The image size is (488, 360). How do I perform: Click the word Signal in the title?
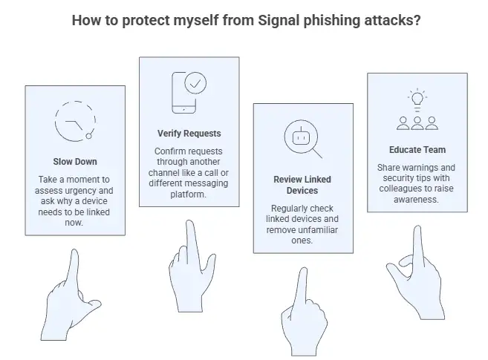click(x=278, y=20)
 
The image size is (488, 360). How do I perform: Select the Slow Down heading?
click(x=74, y=162)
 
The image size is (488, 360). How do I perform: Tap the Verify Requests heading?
click(x=189, y=134)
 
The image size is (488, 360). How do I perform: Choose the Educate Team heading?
click(x=417, y=149)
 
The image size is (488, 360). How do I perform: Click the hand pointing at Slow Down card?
click(x=71, y=293)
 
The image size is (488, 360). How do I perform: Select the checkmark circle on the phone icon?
click(x=195, y=85)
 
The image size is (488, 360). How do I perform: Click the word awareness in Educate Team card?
click(x=417, y=199)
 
